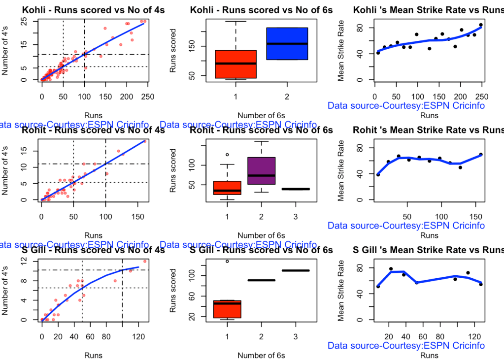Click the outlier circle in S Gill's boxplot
click(227, 262)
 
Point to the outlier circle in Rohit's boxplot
click(227, 155)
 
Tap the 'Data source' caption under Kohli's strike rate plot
click(406, 106)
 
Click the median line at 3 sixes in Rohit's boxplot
click(295, 189)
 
